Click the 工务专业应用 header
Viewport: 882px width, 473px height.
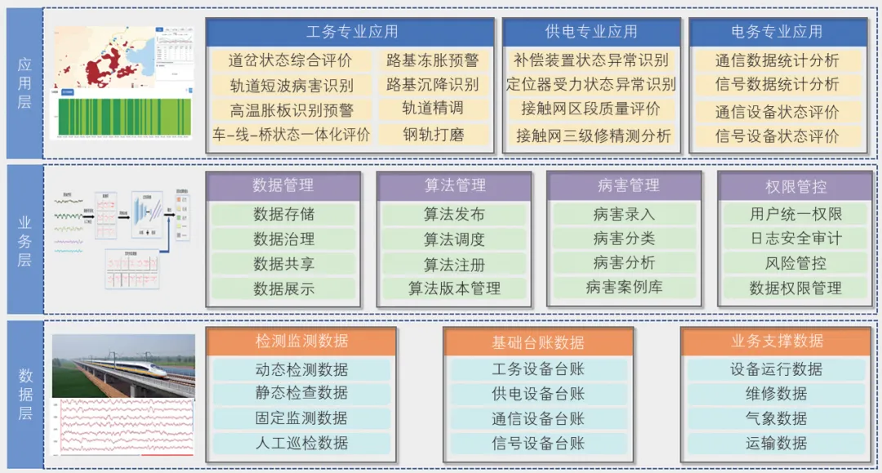[350, 33]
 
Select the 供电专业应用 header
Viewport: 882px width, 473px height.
[591, 33]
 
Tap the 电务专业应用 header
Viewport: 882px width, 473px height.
[777, 33]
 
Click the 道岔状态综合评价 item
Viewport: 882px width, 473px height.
[291, 60]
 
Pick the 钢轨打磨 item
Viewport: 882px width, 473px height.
[433, 135]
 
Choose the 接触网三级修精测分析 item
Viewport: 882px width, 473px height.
[593, 136]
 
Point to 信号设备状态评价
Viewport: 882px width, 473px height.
[777, 136]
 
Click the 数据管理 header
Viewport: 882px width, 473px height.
[283, 186]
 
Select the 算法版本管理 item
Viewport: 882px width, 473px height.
[455, 288]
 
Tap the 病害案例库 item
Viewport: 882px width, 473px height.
[624, 288]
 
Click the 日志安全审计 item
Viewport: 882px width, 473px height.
[795, 239]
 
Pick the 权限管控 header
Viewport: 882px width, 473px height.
[795, 186]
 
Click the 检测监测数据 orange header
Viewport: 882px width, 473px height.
[301, 341]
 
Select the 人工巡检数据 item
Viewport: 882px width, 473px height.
[301, 443]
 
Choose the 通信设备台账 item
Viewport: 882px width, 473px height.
[538, 418]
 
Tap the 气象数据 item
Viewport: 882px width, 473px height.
[776, 418]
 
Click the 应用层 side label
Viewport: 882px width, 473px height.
[24, 83]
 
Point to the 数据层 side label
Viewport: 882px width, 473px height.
[24, 394]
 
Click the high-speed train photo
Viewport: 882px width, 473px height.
[123, 364]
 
